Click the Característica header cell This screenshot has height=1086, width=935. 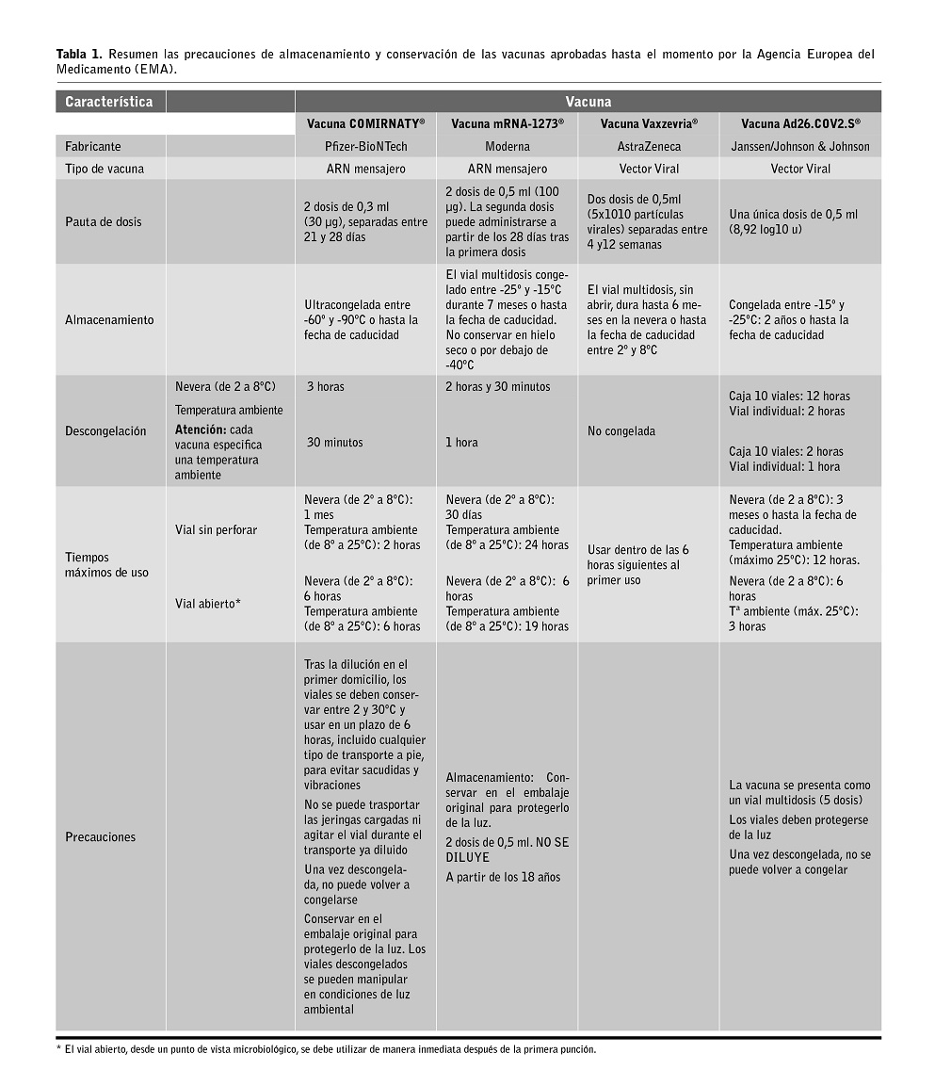(x=109, y=102)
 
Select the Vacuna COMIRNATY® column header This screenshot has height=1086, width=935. (x=365, y=123)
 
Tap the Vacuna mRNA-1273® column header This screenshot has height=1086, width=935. (x=508, y=123)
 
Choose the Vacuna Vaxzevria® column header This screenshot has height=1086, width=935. (x=649, y=123)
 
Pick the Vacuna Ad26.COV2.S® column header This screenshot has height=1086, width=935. (x=800, y=123)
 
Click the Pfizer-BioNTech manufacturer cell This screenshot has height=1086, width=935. (x=365, y=147)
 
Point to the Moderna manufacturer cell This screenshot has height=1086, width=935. (x=508, y=147)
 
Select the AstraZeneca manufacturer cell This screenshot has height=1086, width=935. (x=649, y=147)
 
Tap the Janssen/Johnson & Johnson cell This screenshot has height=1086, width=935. (x=800, y=147)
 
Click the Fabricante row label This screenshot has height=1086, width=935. (x=93, y=147)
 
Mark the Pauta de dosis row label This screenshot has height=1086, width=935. (x=104, y=222)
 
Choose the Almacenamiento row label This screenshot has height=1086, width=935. (x=109, y=320)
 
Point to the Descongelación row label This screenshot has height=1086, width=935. (x=105, y=431)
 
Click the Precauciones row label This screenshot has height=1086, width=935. (x=101, y=837)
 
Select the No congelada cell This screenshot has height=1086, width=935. (x=621, y=431)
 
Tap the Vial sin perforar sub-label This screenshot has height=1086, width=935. (x=217, y=530)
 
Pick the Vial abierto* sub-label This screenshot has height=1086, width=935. (x=208, y=604)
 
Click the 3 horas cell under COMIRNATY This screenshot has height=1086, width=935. (x=325, y=387)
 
